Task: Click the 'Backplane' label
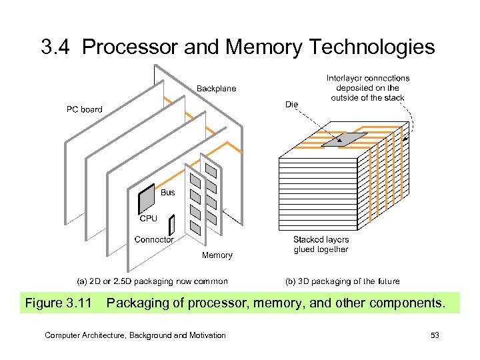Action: point(215,89)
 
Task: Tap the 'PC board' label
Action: point(84,109)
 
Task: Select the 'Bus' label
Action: point(168,193)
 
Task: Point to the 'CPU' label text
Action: point(148,218)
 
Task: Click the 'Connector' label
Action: point(154,239)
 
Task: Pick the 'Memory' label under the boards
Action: point(217,255)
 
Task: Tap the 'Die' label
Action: point(291,104)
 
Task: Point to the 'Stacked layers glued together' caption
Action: point(321,244)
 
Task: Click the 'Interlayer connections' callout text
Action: point(368,87)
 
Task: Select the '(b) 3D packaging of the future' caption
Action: point(343,281)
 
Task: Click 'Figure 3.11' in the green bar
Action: point(58,304)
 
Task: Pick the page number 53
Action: point(435,335)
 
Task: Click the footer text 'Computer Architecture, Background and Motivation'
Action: point(135,335)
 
